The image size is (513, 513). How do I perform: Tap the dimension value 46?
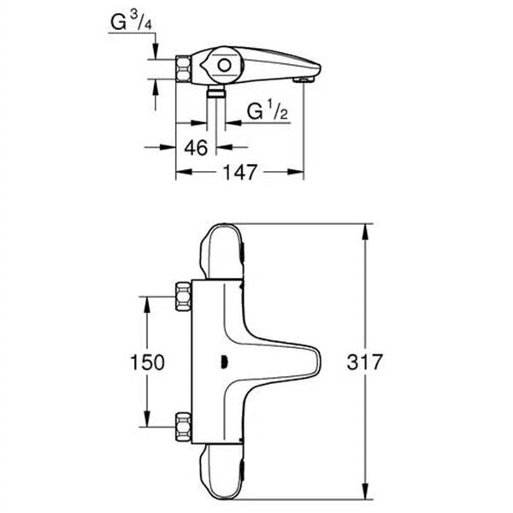point(197,147)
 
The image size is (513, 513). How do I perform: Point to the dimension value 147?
point(240,173)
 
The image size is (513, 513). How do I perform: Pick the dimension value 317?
point(366,362)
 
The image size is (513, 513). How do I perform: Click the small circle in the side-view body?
point(223,65)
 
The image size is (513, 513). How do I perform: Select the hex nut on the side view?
point(185,68)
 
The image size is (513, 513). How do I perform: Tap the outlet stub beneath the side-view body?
point(217,91)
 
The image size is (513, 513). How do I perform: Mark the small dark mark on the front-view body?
point(224,363)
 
